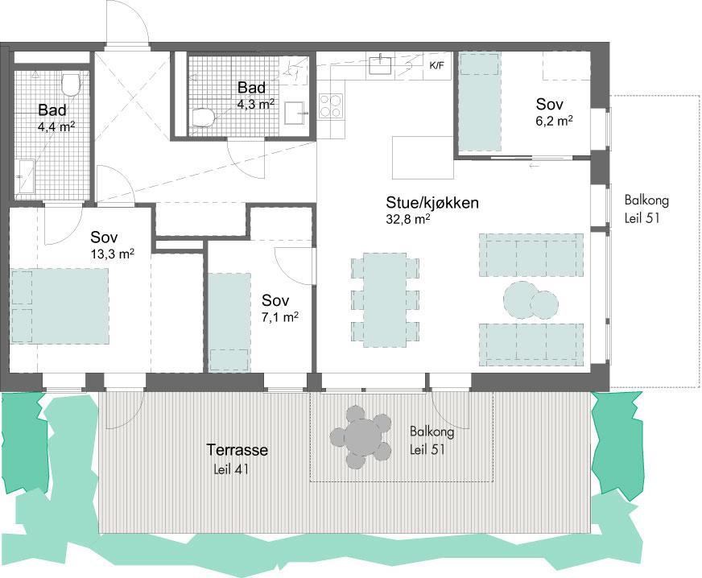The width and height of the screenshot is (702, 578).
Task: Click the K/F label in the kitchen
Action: coord(437,66)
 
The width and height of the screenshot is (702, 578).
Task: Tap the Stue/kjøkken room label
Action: coord(432,203)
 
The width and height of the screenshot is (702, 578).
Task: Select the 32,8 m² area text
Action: coord(408,219)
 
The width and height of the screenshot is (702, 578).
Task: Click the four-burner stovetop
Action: coord(331,106)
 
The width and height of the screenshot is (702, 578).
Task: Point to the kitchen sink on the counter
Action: coord(381,64)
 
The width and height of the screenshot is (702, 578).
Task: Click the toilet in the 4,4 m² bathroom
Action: coord(70,85)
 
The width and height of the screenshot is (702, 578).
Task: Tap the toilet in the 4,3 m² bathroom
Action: coord(204,118)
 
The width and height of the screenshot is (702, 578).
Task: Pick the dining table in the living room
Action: coord(385,300)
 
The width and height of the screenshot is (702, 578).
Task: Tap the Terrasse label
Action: coord(237,449)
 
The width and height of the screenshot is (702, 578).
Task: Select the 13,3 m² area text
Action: coord(113,254)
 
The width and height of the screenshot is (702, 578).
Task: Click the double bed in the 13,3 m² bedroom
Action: coord(60,306)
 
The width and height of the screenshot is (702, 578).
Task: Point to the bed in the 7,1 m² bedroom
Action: coord(229,322)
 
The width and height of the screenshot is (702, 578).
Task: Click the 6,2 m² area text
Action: coord(555,121)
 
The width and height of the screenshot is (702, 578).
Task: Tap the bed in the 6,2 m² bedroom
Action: coord(479,102)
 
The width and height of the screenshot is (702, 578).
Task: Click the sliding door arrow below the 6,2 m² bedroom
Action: coord(533,166)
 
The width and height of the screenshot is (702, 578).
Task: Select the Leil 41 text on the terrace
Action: coord(232,469)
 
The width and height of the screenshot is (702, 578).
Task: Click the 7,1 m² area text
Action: coord(280,317)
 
